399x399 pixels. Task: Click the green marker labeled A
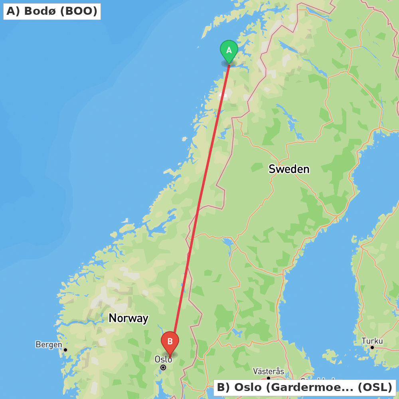(x=229, y=51)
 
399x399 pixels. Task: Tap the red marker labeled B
(x=170, y=342)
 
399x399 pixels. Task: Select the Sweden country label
(x=289, y=169)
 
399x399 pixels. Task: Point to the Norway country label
(x=128, y=318)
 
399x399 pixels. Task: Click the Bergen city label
(x=49, y=344)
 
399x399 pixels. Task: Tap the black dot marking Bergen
(x=65, y=350)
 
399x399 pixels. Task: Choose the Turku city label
(x=372, y=341)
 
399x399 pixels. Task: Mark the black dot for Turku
(x=372, y=348)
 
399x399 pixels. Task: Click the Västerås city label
(x=269, y=371)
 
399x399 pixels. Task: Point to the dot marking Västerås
(x=269, y=378)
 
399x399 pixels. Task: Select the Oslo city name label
(x=163, y=359)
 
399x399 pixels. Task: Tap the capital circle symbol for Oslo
(x=163, y=367)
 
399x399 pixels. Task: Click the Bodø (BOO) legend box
(x=52, y=11)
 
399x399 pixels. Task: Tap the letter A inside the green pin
(x=229, y=50)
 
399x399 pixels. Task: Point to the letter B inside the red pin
(x=170, y=342)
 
